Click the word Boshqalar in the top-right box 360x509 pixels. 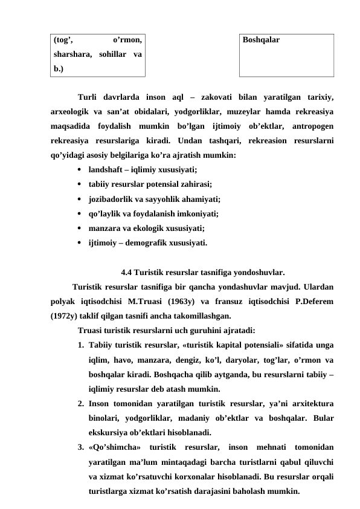point(260,41)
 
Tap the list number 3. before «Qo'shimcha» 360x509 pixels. point(81,447)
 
